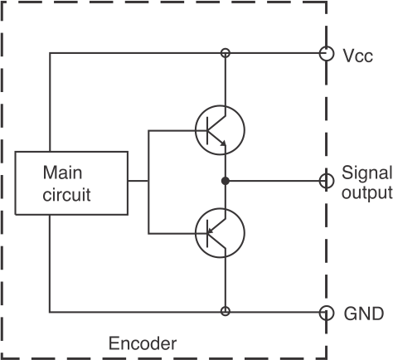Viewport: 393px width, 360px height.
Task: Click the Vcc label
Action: click(x=358, y=56)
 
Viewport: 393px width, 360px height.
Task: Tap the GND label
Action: click(x=364, y=314)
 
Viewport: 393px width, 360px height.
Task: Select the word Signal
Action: click(x=367, y=173)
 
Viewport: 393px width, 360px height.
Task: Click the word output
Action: click(x=367, y=192)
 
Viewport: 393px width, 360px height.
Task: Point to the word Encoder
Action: click(x=143, y=343)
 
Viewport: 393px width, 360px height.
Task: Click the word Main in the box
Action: click(x=62, y=173)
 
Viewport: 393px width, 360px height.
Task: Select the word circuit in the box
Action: click(x=66, y=194)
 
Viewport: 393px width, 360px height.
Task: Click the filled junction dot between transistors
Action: click(x=226, y=181)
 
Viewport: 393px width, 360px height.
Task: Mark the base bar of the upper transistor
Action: click(x=207, y=130)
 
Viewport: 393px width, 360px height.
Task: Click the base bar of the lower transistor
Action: click(x=207, y=234)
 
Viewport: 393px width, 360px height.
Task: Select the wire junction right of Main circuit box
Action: click(x=148, y=181)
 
